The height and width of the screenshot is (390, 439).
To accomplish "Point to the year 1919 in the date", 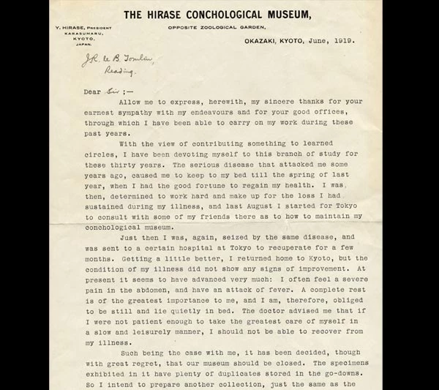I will coord(341,41).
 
